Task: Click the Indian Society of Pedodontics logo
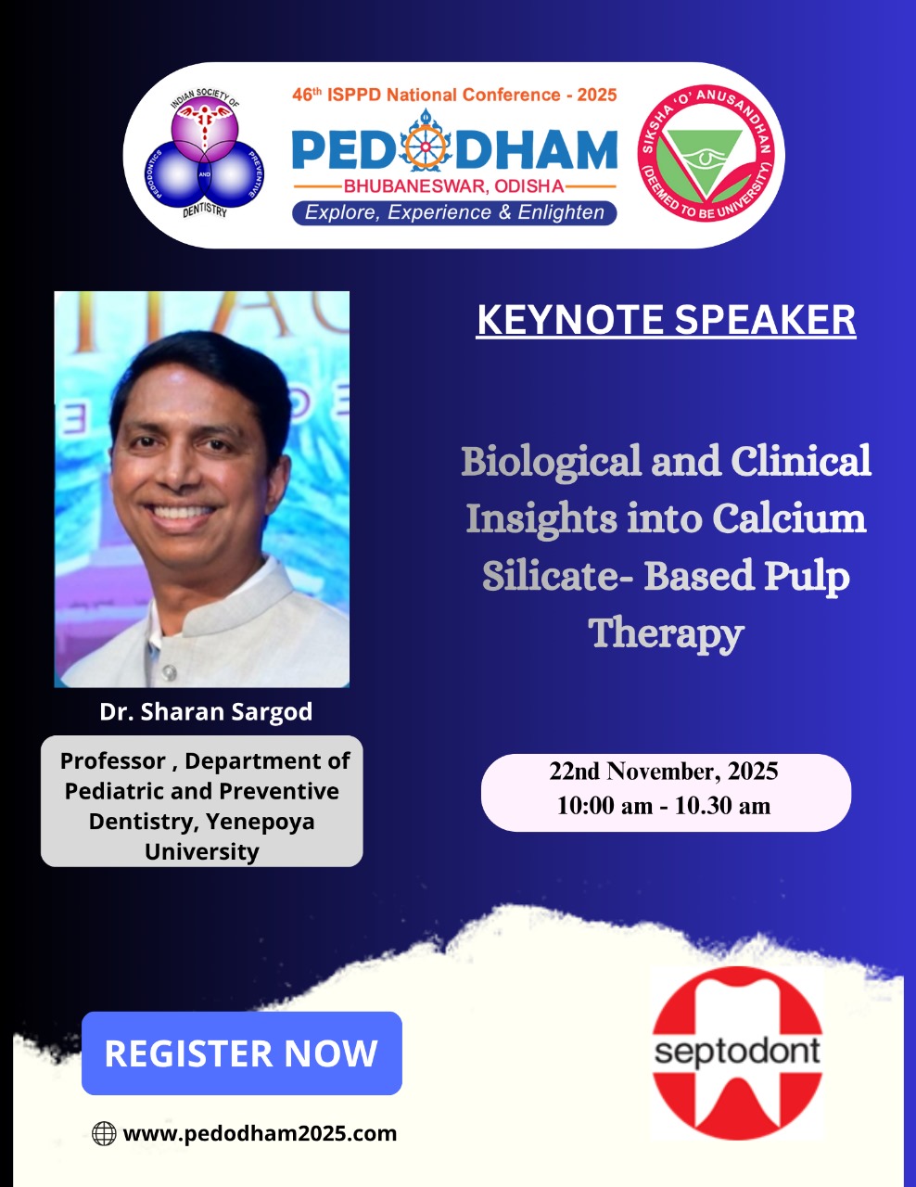pos(204,153)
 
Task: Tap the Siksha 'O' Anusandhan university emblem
pos(706,153)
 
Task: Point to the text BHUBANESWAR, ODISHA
pos(454,186)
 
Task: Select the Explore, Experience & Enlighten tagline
pos(454,212)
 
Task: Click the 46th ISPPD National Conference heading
pos(454,95)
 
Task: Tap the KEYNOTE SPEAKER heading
pos(666,320)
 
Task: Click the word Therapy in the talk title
pos(666,633)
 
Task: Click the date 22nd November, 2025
pos(663,772)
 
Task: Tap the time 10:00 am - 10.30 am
pos(663,806)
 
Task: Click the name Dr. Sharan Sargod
pos(206,712)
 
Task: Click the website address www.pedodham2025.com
pos(260,1133)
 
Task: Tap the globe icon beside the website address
pos(104,1133)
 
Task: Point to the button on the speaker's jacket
pos(170,671)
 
